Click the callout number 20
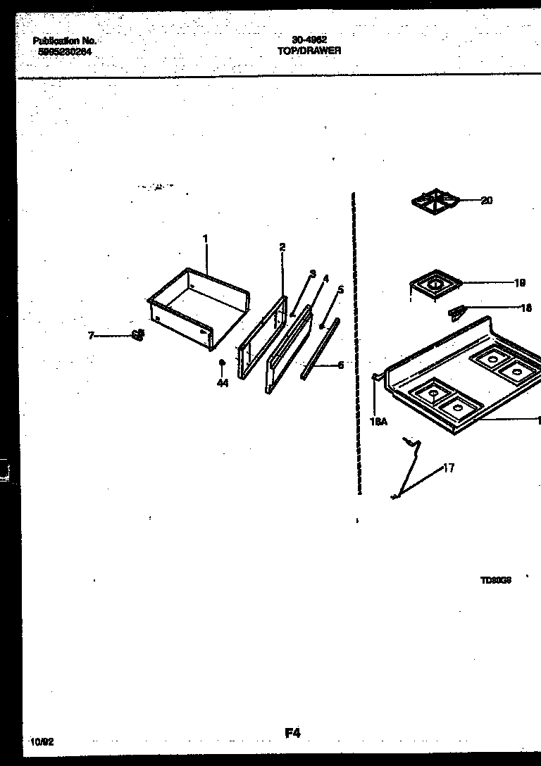(x=487, y=201)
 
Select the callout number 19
(x=520, y=284)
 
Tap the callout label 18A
(x=378, y=422)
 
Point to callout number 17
(x=449, y=468)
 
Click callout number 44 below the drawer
(x=223, y=383)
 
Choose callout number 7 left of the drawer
(x=91, y=336)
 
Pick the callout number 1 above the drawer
(x=206, y=239)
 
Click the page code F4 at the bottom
(x=293, y=733)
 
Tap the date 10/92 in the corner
(x=42, y=742)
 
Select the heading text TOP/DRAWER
(x=309, y=51)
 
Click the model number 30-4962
(x=309, y=41)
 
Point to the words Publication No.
(x=64, y=42)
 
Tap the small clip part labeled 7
(x=137, y=334)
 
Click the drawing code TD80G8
(x=496, y=581)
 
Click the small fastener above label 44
(x=222, y=363)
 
